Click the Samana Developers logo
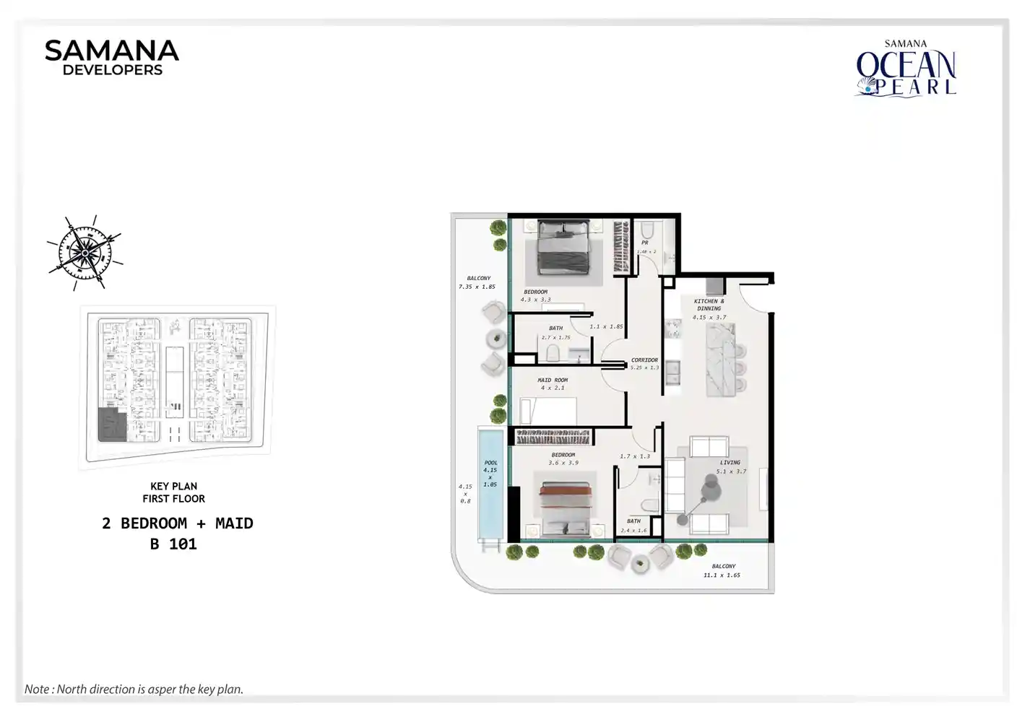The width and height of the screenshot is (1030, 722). pyautogui.click(x=112, y=58)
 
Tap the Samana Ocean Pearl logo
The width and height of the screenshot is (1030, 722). pyautogui.click(x=906, y=69)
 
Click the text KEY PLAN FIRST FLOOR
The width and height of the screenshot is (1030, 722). pyautogui.click(x=173, y=492)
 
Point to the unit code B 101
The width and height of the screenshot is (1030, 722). pyautogui.click(x=173, y=544)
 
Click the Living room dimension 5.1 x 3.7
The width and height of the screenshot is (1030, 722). pyautogui.click(x=731, y=471)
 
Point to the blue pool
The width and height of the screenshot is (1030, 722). pyautogui.click(x=490, y=484)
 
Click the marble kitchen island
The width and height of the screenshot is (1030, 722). pyautogui.click(x=720, y=360)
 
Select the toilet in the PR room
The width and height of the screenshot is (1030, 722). pyautogui.click(x=647, y=230)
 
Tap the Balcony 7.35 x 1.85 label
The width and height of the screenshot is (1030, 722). pyautogui.click(x=477, y=282)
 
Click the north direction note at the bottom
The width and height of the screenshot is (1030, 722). pyautogui.click(x=134, y=689)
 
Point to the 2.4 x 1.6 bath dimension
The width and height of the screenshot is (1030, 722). pyautogui.click(x=633, y=531)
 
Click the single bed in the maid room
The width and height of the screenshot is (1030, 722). pyautogui.click(x=548, y=412)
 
